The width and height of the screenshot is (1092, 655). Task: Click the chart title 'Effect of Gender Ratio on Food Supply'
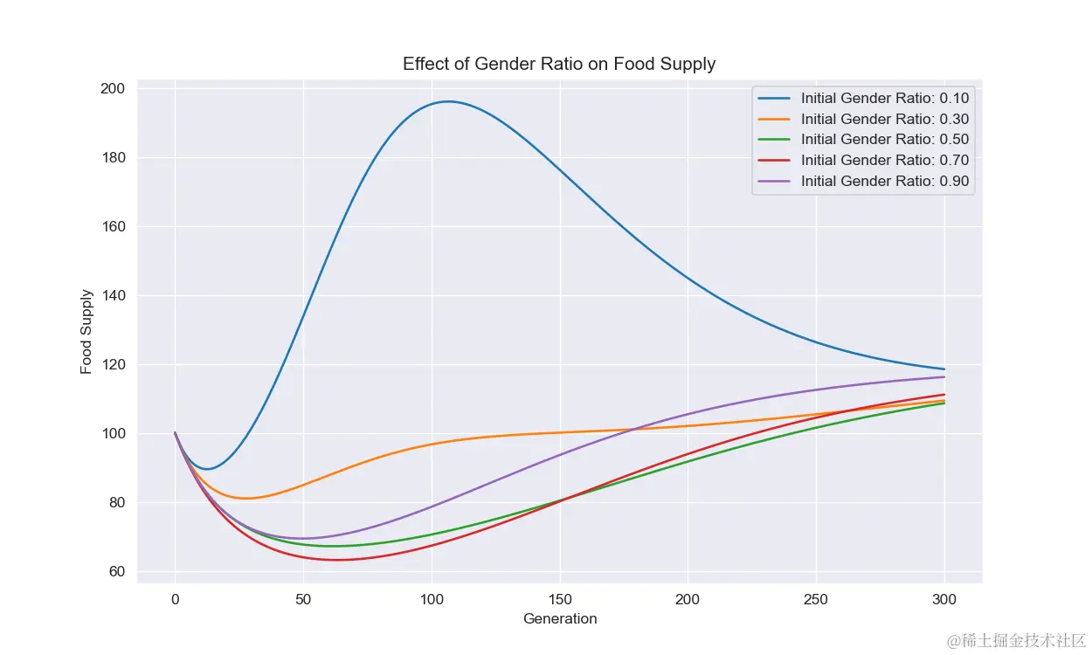(x=559, y=64)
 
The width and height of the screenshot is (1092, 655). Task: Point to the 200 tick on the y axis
(x=114, y=89)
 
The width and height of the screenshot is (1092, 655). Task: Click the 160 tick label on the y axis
(x=114, y=227)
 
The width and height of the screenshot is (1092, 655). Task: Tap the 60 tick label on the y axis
(x=117, y=572)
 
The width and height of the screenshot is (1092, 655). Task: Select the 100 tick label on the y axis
(x=114, y=434)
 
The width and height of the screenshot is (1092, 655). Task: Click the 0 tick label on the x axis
(x=175, y=600)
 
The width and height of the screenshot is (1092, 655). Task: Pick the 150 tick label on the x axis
(x=560, y=600)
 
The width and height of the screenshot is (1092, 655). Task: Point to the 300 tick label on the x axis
(x=944, y=600)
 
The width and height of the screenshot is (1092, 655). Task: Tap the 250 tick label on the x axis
(x=816, y=600)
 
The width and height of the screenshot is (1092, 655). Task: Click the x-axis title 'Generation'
(x=560, y=619)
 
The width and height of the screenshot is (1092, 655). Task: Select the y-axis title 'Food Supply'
(x=86, y=332)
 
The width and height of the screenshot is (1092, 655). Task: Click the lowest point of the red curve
(x=337, y=560)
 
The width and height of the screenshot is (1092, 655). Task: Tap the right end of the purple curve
(x=944, y=376)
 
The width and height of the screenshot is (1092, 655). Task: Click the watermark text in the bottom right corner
(x=1018, y=640)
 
